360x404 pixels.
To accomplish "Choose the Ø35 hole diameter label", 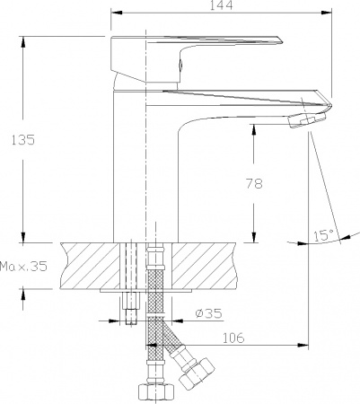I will pyautogui.click(x=209, y=314).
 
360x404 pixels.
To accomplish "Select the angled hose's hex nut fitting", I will pyautogui.click(x=197, y=369).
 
